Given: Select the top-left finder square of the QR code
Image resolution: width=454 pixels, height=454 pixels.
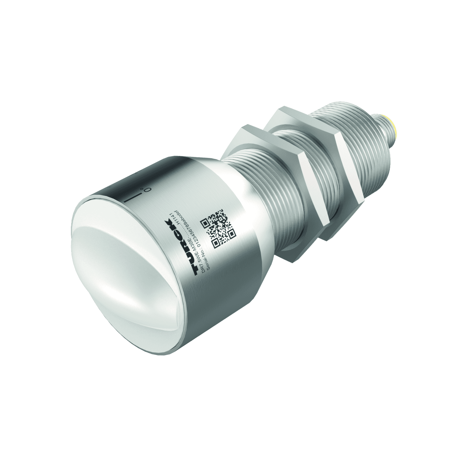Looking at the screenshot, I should [x=205, y=223].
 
